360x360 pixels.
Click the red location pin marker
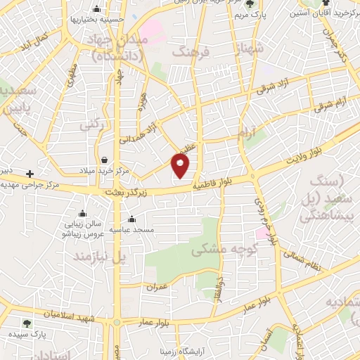(181, 165)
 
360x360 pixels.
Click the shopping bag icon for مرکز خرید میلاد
(104, 160)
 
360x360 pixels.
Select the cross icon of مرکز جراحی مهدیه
(30, 174)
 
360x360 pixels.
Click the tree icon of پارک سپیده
(27, 323)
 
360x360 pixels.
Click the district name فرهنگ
(188, 53)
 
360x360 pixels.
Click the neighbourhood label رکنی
(88, 124)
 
